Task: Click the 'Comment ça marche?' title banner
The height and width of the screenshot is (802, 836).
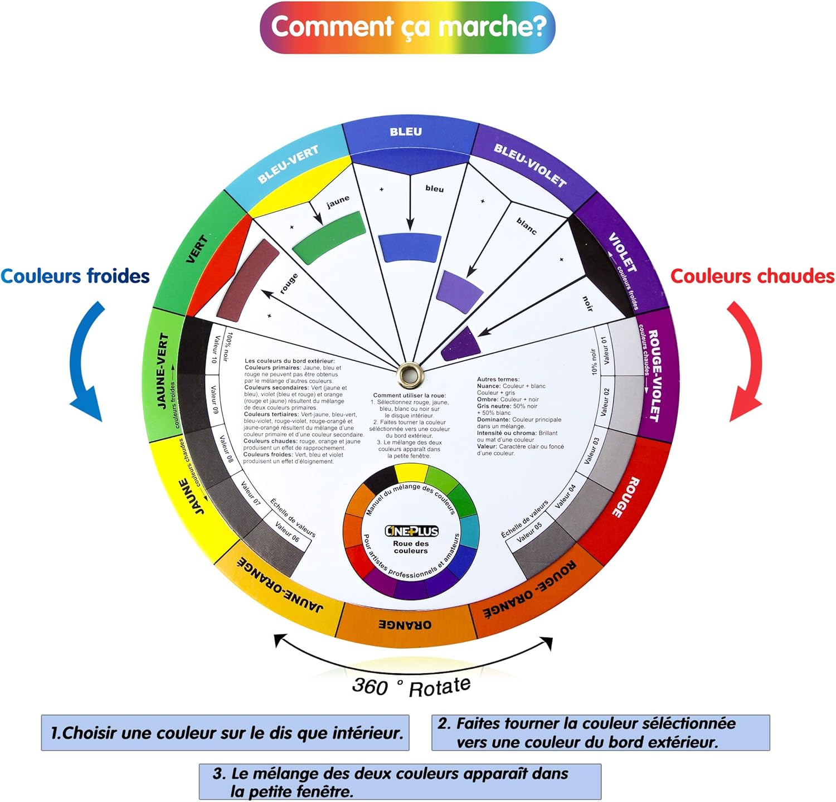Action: [407, 27]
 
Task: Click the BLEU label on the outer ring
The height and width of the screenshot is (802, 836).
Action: [406, 132]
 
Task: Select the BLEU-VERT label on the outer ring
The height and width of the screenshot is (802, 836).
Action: [288, 164]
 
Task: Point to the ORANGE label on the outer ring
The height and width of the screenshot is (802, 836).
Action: [405, 625]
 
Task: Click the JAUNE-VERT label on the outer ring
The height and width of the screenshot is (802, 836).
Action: [163, 371]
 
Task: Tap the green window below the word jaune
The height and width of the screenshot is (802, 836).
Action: [328, 238]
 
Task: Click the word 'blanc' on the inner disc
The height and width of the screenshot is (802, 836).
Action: [527, 226]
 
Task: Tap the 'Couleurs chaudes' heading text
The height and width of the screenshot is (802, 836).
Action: [752, 276]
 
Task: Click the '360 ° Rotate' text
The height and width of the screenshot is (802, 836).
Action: [411, 686]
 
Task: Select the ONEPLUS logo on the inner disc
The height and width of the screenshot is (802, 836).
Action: [411, 531]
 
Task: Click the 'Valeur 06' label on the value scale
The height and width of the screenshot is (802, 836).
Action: [287, 532]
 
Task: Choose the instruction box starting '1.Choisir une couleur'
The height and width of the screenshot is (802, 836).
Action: [225, 733]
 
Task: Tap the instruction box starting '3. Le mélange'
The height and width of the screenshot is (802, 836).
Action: [400, 782]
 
